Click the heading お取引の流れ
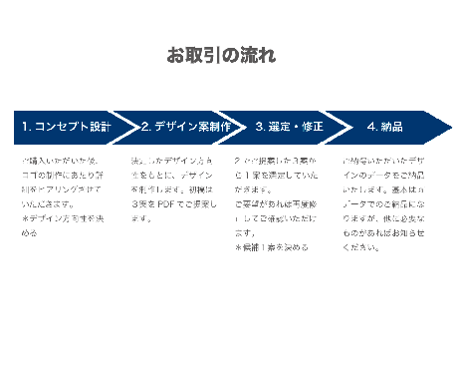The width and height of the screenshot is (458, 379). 221,55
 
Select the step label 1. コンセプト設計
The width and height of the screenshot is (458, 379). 66,127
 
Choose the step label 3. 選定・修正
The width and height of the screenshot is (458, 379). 289,127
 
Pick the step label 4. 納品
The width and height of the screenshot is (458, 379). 384,127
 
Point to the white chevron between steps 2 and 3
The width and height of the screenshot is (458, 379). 237,127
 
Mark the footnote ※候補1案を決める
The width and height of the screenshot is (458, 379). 271,246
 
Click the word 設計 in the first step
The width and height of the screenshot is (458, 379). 100,127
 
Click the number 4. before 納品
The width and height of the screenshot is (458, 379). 371,127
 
